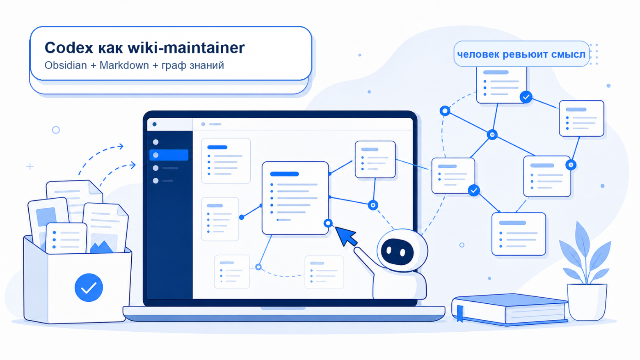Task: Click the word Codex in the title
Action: tap(69, 48)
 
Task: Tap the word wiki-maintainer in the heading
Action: tap(186, 48)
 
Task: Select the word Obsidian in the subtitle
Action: tap(66, 66)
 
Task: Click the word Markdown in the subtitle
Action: tap(124, 66)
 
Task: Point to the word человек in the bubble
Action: tap(478, 54)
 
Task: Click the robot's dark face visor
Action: tap(397, 252)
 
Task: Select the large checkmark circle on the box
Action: tap(89, 287)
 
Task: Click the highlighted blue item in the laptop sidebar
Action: tap(169, 155)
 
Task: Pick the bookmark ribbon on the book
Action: tap(460, 313)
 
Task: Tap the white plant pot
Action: tap(587, 302)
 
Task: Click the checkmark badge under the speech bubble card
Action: tap(526, 97)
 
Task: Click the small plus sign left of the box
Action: tap(30, 166)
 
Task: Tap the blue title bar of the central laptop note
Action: tap(284, 174)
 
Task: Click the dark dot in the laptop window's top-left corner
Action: tap(155, 124)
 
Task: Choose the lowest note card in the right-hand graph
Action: tap(519, 234)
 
